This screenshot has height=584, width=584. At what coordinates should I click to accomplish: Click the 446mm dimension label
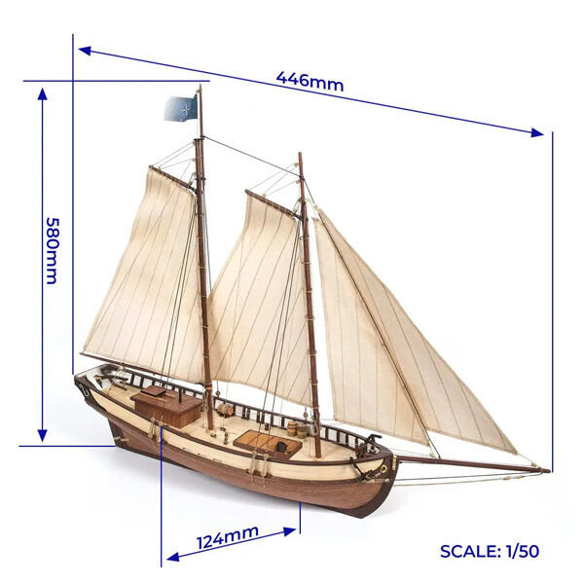[310, 82]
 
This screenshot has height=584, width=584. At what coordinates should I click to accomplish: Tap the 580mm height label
[53, 251]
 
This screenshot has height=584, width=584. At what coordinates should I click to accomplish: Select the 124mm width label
[228, 536]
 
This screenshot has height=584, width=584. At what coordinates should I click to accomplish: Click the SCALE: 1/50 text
[490, 551]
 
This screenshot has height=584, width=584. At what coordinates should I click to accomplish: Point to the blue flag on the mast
[181, 108]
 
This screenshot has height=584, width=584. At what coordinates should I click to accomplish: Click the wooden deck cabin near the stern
[166, 405]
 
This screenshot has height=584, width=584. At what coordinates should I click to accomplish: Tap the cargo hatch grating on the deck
[267, 444]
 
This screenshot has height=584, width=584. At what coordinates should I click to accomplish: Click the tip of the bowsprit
[549, 471]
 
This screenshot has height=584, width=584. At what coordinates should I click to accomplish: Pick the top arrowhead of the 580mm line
[42, 93]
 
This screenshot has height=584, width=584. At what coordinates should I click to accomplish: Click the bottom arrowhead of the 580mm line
[42, 435]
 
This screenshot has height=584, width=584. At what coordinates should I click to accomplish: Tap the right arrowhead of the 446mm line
[537, 132]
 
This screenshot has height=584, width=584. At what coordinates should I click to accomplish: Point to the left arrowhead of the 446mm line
[85, 50]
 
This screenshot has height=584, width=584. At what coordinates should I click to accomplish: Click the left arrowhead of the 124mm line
[173, 557]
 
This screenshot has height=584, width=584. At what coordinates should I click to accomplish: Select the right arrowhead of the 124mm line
[290, 531]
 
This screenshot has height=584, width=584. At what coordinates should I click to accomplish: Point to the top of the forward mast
[300, 154]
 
